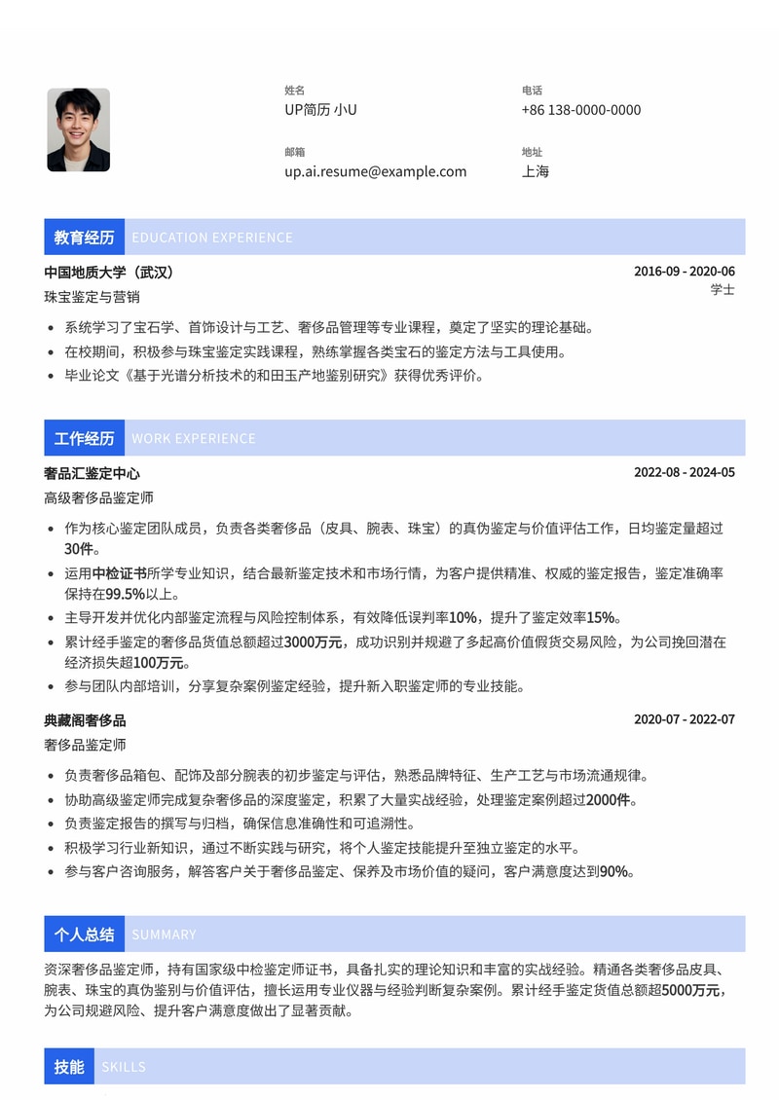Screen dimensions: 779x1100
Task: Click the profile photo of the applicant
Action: click(x=78, y=129)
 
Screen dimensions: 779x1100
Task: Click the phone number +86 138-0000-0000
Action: click(x=580, y=110)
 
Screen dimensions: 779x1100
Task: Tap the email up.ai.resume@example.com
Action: click(x=375, y=171)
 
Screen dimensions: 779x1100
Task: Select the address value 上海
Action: click(x=536, y=171)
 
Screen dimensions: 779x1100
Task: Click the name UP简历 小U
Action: click(x=320, y=110)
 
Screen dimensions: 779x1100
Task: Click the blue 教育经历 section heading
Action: click(x=84, y=238)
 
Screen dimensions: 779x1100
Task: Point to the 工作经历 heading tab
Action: click(x=84, y=439)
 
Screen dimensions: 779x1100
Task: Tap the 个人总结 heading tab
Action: click(x=84, y=935)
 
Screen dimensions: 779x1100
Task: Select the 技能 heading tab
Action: click(x=69, y=1067)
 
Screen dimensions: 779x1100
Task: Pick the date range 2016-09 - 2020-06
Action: click(x=684, y=272)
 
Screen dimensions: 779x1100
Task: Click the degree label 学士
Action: click(x=723, y=290)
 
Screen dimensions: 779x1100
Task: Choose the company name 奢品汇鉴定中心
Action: click(x=92, y=474)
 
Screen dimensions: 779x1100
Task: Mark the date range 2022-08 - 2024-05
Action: click(x=684, y=473)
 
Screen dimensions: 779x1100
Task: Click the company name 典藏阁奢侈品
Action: click(x=85, y=721)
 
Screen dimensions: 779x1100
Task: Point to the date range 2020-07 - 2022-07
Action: click(x=684, y=720)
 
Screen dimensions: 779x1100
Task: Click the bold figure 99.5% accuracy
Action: click(x=126, y=594)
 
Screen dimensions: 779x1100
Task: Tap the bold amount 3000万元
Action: click(x=314, y=642)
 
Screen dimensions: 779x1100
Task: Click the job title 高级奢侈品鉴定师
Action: click(x=98, y=498)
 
